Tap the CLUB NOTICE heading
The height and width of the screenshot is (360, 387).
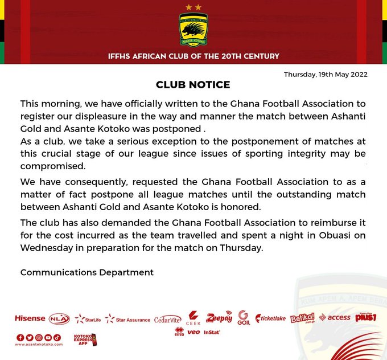coord(193,85)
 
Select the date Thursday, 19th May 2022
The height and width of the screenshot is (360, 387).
coord(326,74)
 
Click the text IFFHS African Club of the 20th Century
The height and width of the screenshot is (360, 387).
coord(193,56)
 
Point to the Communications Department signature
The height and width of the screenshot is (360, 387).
coord(87,272)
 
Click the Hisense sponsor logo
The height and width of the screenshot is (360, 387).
coord(30,318)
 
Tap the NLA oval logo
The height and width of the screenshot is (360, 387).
coord(59,318)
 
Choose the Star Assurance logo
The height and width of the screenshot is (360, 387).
coord(128,319)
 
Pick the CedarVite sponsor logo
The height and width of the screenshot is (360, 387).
coord(167,320)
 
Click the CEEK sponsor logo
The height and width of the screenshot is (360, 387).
coord(193,318)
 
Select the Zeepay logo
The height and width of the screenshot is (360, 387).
coord(219,317)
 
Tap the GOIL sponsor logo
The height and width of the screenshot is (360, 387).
coord(244,318)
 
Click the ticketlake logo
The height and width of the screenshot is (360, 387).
coord(271,318)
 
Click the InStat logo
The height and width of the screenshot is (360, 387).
coord(211,332)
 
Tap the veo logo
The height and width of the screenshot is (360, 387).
coord(193,332)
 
